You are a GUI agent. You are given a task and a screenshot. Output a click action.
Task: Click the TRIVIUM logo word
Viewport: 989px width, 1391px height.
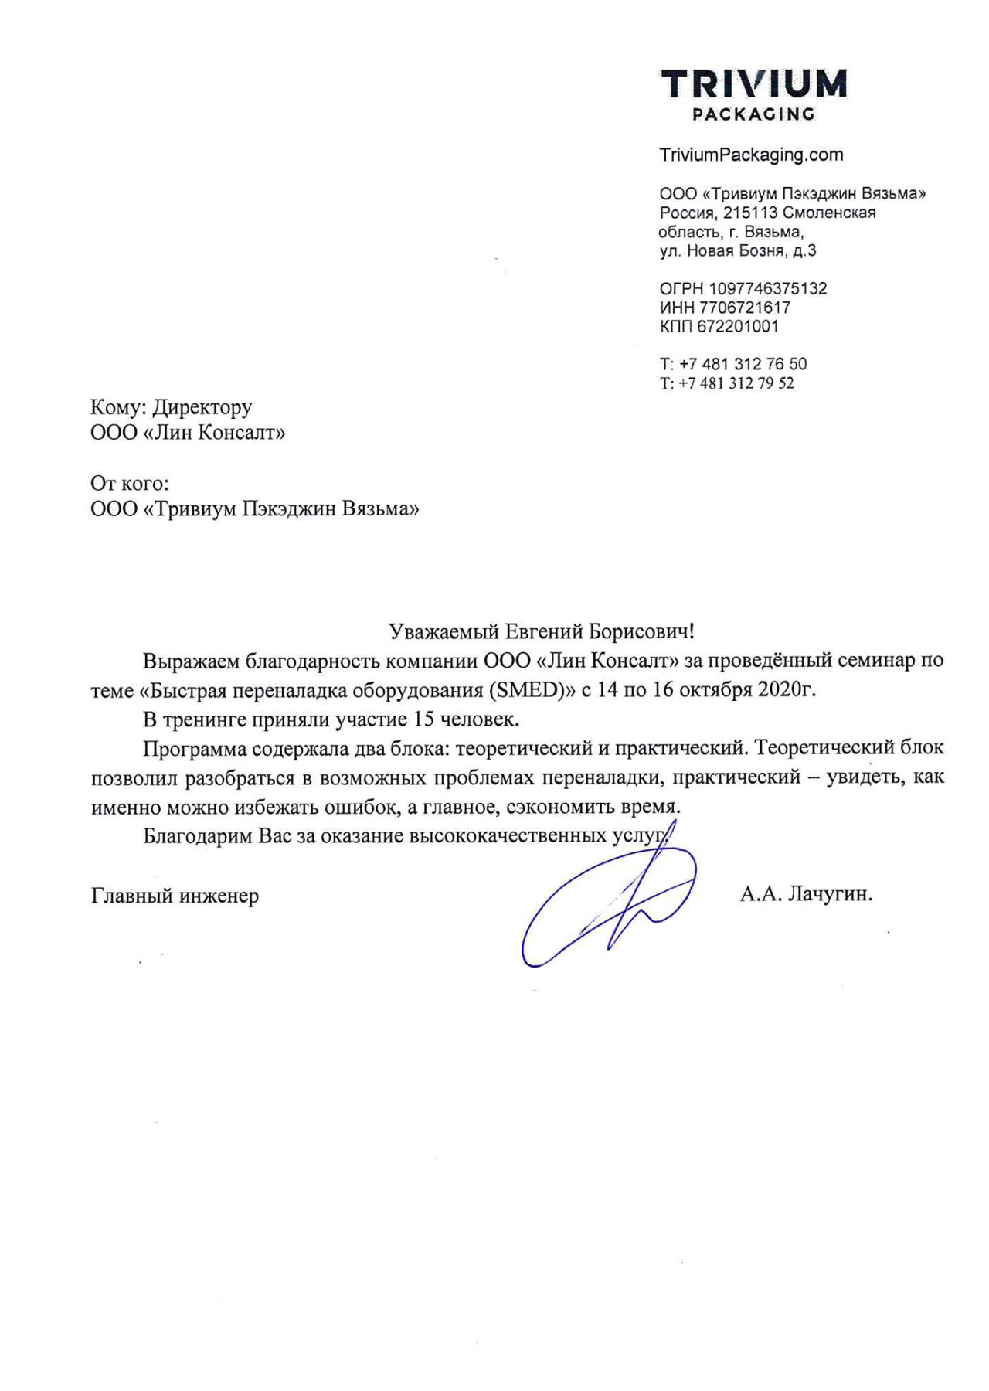click(x=753, y=84)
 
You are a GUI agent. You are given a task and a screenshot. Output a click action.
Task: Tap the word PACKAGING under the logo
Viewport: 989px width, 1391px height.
click(x=753, y=114)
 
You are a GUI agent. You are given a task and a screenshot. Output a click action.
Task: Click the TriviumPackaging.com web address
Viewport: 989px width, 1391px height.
click(x=751, y=155)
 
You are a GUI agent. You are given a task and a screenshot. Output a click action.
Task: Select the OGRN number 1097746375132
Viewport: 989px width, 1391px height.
click(x=767, y=289)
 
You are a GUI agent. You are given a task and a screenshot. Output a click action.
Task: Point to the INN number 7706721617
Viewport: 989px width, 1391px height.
click(x=744, y=308)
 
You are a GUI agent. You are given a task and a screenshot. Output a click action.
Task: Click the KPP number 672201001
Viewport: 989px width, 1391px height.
click(x=738, y=326)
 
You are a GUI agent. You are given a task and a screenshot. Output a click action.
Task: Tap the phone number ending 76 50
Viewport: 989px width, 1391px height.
click(x=743, y=364)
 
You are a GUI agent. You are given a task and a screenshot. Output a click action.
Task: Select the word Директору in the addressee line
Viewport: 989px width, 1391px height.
click(x=202, y=407)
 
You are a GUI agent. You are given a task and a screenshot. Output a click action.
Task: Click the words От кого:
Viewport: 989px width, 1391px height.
click(x=129, y=484)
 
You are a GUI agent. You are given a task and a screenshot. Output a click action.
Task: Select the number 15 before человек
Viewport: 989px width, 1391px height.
click(x=423, y=719)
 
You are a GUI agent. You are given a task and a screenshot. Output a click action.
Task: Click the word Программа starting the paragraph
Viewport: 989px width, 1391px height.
click(x=195, y=748)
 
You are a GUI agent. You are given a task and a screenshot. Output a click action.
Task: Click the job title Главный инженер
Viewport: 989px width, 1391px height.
click(x=175, y=896)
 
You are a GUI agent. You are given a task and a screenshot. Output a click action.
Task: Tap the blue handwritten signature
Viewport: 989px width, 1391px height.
click(x=610, y=904)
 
